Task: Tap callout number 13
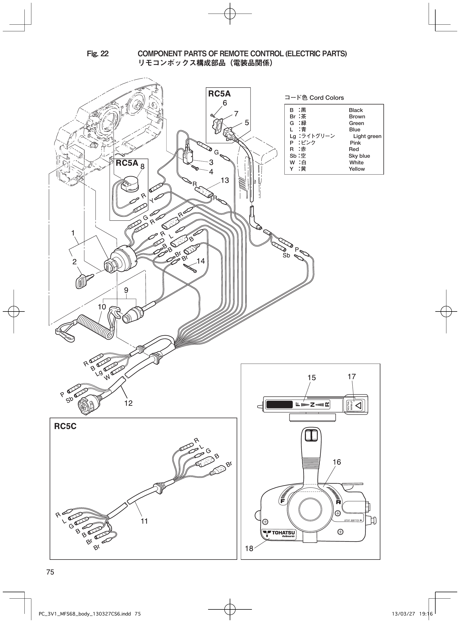(224, 180)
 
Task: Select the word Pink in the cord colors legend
(355, 143)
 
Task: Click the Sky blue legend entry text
(359, 156)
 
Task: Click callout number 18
(249, 548)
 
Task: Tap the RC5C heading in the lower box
(65, 426)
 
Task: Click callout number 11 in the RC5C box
(144, 521)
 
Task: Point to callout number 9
(126, 290)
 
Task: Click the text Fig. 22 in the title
(98, 54)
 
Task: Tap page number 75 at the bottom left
(50, 572)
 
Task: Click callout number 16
(337, 462)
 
